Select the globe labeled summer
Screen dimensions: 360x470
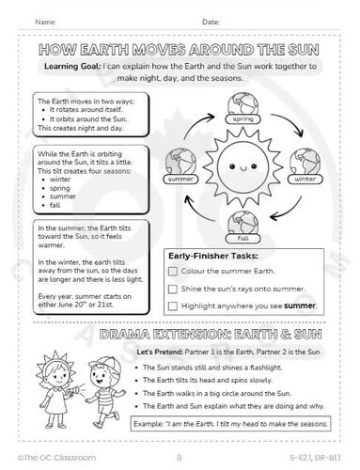[x=181, y=166]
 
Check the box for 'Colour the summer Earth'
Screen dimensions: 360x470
[x=172, y=271]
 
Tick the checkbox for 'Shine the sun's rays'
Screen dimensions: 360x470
[x=172, y=289]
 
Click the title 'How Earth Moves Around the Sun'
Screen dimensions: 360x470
[x=180, y=50]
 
